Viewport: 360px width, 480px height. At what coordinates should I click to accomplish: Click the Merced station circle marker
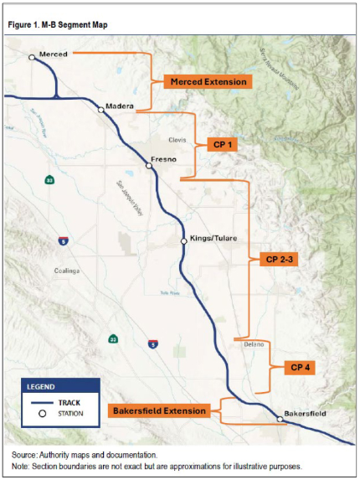coord(32,58)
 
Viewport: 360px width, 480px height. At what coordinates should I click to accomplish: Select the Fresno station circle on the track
coord(149,166)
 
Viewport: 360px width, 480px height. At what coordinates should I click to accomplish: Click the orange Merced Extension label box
coord(208,81)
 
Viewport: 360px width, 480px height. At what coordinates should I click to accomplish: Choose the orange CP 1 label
coord(222,145)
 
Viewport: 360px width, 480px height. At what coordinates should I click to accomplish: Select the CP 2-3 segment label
coord(280,260)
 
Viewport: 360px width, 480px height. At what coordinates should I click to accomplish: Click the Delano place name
coord(243,344)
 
